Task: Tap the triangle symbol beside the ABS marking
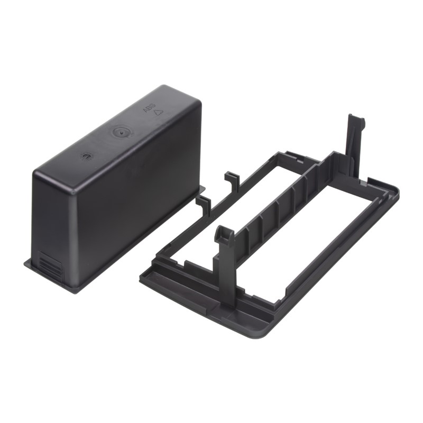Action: pyautogui.click(x=158, y=113)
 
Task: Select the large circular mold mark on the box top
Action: pyautogui.click(x=121, y=133)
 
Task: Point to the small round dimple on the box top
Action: pyautogui.click(x=87, y=157)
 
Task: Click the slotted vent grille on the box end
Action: pyautogui.click(x=49, y=265)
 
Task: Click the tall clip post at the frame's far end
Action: pyautogui.click(x=354, y=146)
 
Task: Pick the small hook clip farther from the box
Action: pyautogui.click(x=232, y=180)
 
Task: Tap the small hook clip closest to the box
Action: pyautogui.click(x=204, y=205)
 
